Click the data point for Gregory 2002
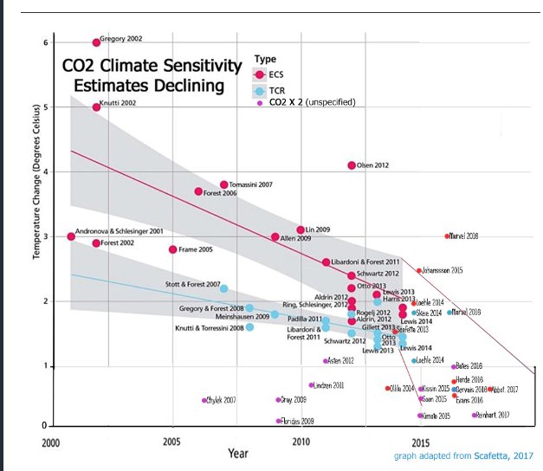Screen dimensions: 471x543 click(96, 42)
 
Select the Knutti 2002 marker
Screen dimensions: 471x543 click(96, 106)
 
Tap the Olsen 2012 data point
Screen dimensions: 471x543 click(352, 165)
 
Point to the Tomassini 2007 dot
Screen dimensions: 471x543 click(223, 184)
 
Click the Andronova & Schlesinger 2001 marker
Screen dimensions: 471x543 click(71, 236)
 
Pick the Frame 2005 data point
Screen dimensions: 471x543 click(173, 249)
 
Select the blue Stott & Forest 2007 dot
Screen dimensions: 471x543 click(223, 288)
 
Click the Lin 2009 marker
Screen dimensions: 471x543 click(301, 230)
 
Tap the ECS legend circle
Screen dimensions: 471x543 click(261, 75)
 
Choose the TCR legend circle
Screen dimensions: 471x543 click(261, 90)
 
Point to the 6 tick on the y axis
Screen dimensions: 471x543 click(45, 42)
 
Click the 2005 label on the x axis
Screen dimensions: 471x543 click(171, 442)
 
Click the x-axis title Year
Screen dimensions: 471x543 click(240, 453)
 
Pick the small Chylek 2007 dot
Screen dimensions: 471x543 click(204, 400)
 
